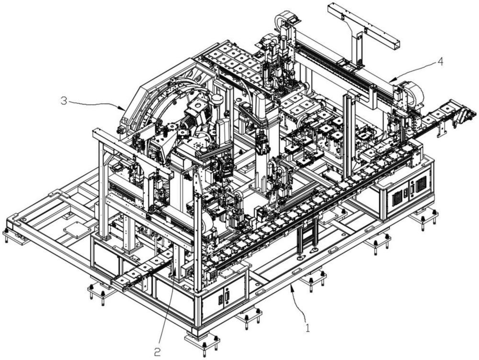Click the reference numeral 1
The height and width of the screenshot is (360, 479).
coord(308,328)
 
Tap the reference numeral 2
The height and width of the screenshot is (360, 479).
coord(157,353)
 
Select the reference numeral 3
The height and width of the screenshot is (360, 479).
coord(64,101)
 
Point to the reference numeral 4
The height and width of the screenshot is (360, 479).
coord(440,61)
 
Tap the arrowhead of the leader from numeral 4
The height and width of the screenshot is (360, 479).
coord(393,79)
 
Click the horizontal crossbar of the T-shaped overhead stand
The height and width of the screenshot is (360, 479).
coord(364,23)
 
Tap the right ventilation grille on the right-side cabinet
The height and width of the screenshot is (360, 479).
coord(421,184)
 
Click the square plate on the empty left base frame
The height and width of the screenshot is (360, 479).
coord(76,228)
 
